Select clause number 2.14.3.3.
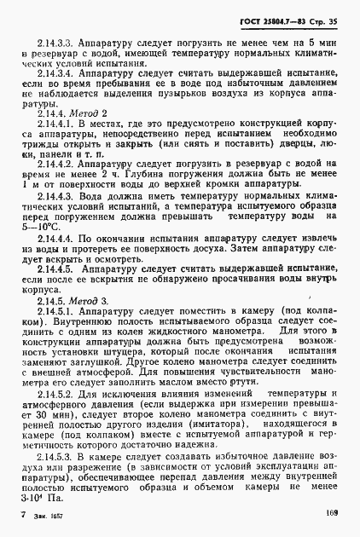tap(57, 42)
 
